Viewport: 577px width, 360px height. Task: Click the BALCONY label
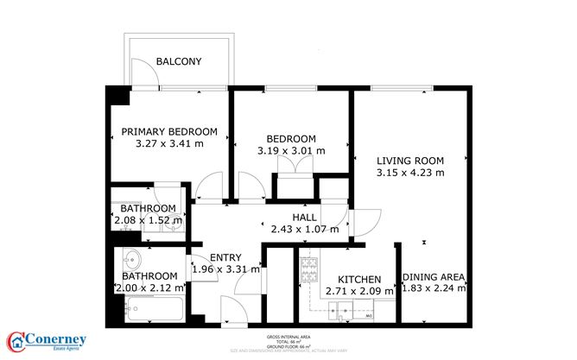pyautogui.click(x=179, y=61)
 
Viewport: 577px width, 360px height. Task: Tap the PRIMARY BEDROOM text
pyautogui.click(x=169, y=131)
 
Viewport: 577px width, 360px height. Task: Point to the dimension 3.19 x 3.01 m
pyautogui.click(x=291, y=151)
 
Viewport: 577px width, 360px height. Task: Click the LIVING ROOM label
pyautogui.click(x=410, y=161)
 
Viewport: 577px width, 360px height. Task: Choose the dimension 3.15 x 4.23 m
pyautogui.click(x=410, y=173)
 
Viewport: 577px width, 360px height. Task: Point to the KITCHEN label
pyautogui.click(x=358, y=280)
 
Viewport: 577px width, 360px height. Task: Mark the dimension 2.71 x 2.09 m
pyautogui.click(x=358, y=292)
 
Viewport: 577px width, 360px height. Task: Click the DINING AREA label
pyautogui.click(x=434, y=277)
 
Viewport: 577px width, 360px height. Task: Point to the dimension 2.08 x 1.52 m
pyautogui.click(x=148, y=221)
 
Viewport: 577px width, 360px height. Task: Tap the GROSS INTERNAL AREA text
pyautogui.click(x=288, y=338)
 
